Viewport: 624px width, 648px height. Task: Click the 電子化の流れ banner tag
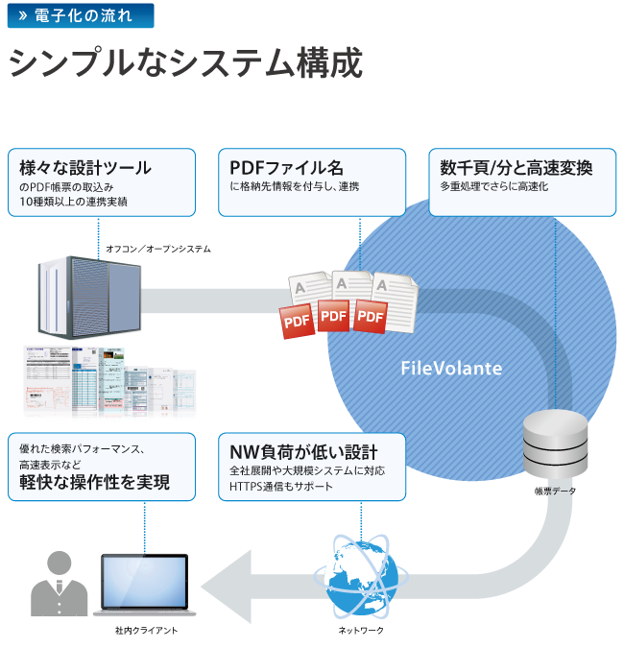click(x=80, y=15)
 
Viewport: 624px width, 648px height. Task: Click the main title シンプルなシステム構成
click(x=185, y=64)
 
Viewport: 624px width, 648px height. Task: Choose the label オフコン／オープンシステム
click(x=158, y=249)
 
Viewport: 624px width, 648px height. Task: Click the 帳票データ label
click(x=555, y=491)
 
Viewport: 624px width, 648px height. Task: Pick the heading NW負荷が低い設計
click(x=303, y=452)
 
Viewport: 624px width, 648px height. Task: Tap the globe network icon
click(x=361, y=577)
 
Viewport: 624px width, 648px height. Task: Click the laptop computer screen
click(x=147, y=580)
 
